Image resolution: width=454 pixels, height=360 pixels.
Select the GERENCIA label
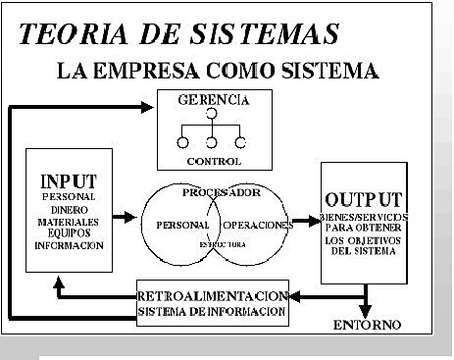tap(213, 100)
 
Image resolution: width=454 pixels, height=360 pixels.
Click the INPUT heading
tap(69, 181)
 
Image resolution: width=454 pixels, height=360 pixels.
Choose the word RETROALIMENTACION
tap(212, 295)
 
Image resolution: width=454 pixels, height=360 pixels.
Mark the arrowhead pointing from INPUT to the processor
tap(131, 216)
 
